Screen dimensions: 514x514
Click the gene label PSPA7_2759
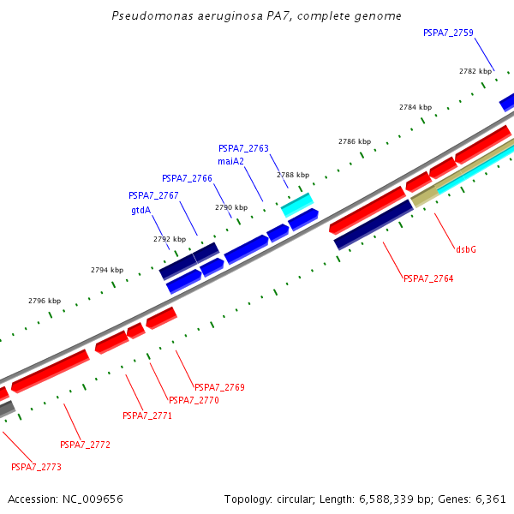click(x=448, y=33)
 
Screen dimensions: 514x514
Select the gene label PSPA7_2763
click(x=243, y=148)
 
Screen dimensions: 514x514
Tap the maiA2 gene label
click(x=230, y=161)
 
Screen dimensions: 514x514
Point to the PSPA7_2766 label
click(x=187, y=178)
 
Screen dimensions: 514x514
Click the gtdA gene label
click(x=141, y=209)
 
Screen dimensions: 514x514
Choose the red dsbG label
click(x=466, y=249)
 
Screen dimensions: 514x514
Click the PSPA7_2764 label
click(x=428, y=278)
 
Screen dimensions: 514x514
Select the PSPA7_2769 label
click(x=219, y=387)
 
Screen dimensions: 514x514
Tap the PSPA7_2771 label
click(x=147, y=415)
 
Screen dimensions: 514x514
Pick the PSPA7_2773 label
click(x=36, y=467)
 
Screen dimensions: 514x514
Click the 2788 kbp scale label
click(x=292, y=175)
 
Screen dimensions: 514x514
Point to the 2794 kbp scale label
click(x=106, y=270)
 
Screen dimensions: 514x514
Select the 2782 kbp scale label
click(x=475, y=71)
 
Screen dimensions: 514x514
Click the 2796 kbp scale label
click(x=45, y=301)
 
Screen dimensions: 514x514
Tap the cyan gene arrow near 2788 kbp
click(x=297, y=204)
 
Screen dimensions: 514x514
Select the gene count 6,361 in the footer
click(x=490, y=499)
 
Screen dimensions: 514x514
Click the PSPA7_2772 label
click(x=85, y=445)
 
